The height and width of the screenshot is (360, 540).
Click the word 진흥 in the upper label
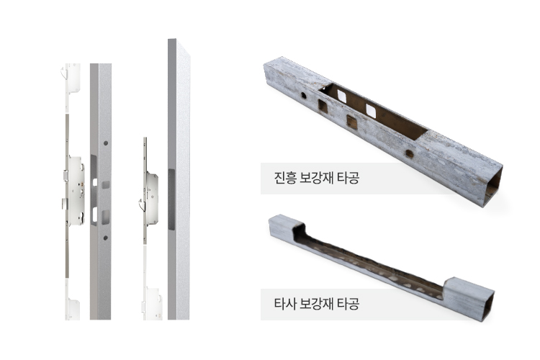coord(285,178)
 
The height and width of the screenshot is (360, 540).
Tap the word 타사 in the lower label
coord(285,304)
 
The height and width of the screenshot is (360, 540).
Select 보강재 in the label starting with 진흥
coord(316,178)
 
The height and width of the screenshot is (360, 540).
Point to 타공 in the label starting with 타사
coord(348,304)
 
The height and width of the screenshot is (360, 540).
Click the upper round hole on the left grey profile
coord(106,143)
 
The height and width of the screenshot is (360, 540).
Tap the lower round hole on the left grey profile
coord(106,238)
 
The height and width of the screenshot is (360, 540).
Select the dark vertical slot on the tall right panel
coord(171,199)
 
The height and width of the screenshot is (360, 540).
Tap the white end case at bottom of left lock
coord(73,309)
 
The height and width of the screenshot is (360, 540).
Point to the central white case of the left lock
coord(76,191)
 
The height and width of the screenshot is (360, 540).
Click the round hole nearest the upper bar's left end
coord(303,96)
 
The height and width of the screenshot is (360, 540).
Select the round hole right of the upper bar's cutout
coord(410,153)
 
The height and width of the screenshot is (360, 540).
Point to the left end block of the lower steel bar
coord(286,227)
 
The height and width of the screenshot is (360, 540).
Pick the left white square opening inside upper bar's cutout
coord(341,96)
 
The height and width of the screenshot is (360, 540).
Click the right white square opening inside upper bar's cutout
coord(371,110)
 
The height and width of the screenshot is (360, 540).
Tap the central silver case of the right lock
coord(152,198)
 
